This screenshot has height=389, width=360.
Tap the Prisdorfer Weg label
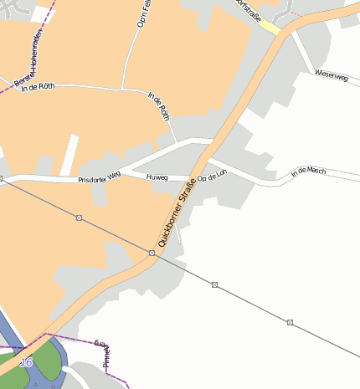[x=100, y=178]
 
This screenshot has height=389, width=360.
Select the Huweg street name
[x=157, y=177]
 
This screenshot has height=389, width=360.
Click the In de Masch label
[x=307, y=171]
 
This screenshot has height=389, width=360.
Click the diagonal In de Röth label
[x=159, y=106]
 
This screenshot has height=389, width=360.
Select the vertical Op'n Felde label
[x=142, y=14]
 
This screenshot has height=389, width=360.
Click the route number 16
[x=26, y=361]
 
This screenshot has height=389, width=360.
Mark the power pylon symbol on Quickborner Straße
[x=152, y=252]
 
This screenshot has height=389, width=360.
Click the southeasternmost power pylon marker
[x=290, y=322]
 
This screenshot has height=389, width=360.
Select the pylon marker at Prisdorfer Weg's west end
[x=2, y=178]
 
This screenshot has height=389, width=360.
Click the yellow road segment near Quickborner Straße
[x=269, y=27]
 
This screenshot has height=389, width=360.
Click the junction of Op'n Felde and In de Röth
[x=123, y=88]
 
